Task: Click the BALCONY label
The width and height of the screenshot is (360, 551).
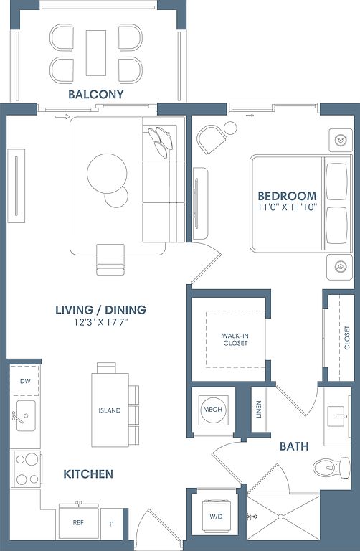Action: pos(96,94)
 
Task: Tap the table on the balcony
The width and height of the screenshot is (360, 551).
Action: pos(96,52)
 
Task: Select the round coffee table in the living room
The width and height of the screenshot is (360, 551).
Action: pos(107,174)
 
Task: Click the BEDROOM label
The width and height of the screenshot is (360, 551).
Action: pos(287,196)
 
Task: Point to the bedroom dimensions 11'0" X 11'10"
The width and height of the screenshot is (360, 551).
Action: pos(288,207)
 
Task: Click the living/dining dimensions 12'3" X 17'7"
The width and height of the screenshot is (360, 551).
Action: pos(100,322)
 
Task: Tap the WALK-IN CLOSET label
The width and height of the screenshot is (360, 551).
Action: pos(235,339)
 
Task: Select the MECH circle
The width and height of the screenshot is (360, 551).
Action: pos(212,410)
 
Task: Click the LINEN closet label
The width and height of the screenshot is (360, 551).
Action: pos(259,410)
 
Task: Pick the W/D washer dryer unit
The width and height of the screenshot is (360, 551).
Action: pos(216,516)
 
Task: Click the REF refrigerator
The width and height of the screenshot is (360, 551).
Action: pos(78,522)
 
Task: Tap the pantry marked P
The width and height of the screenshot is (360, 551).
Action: pos(112,524)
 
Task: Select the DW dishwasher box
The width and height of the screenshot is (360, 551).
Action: pos(25,381)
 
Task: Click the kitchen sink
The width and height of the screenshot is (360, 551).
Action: pos(26,415)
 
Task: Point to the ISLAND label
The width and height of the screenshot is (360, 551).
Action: pos(110,410)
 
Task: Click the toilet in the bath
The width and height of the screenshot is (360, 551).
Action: pos(331,467)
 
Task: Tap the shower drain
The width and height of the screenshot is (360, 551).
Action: pos(280,517)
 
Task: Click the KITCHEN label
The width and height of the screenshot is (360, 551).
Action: pos(88,474)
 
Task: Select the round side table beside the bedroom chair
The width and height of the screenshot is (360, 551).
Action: pos(230,128)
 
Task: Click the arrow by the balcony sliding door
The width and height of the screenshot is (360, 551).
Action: pos(62,117)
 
